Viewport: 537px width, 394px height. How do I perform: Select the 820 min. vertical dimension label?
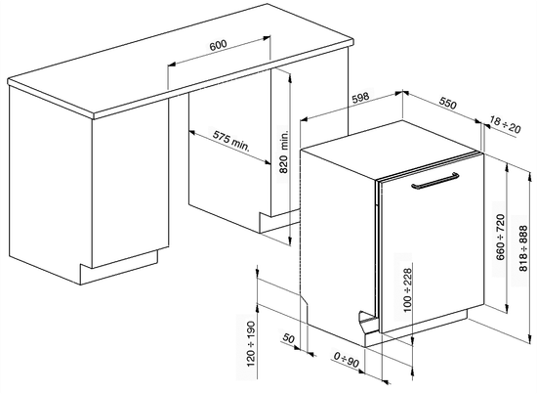pos(284,152)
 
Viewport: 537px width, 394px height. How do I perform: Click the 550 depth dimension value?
pos(448,101)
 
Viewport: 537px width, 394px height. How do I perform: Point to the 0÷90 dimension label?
pos(346,364)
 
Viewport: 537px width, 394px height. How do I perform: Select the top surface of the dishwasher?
pos(391,142)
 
